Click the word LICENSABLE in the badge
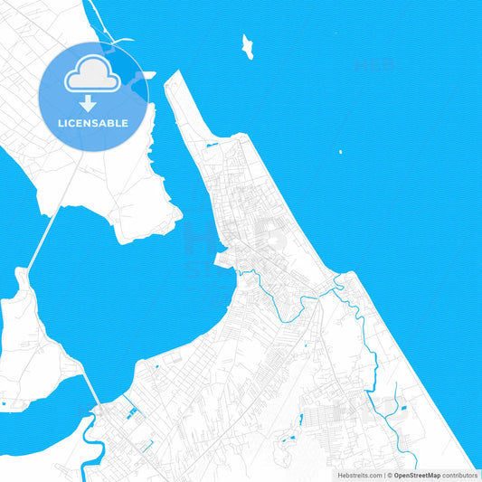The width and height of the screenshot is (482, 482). (x=93, y=123)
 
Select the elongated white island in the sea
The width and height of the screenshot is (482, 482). (x=247, y=47)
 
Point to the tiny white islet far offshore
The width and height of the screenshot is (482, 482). (x=340, y=152)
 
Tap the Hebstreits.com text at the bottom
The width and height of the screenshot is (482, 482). (x=359, y=475)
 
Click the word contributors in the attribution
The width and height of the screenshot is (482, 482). (x=460, y=475)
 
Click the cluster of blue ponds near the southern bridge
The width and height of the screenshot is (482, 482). (x=134, y=414)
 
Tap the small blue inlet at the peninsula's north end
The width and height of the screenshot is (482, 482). (x=212, y=145)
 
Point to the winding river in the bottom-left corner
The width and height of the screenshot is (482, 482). (x=88, y=443)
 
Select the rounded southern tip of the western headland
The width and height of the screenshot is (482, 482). (x=136, y=237)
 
